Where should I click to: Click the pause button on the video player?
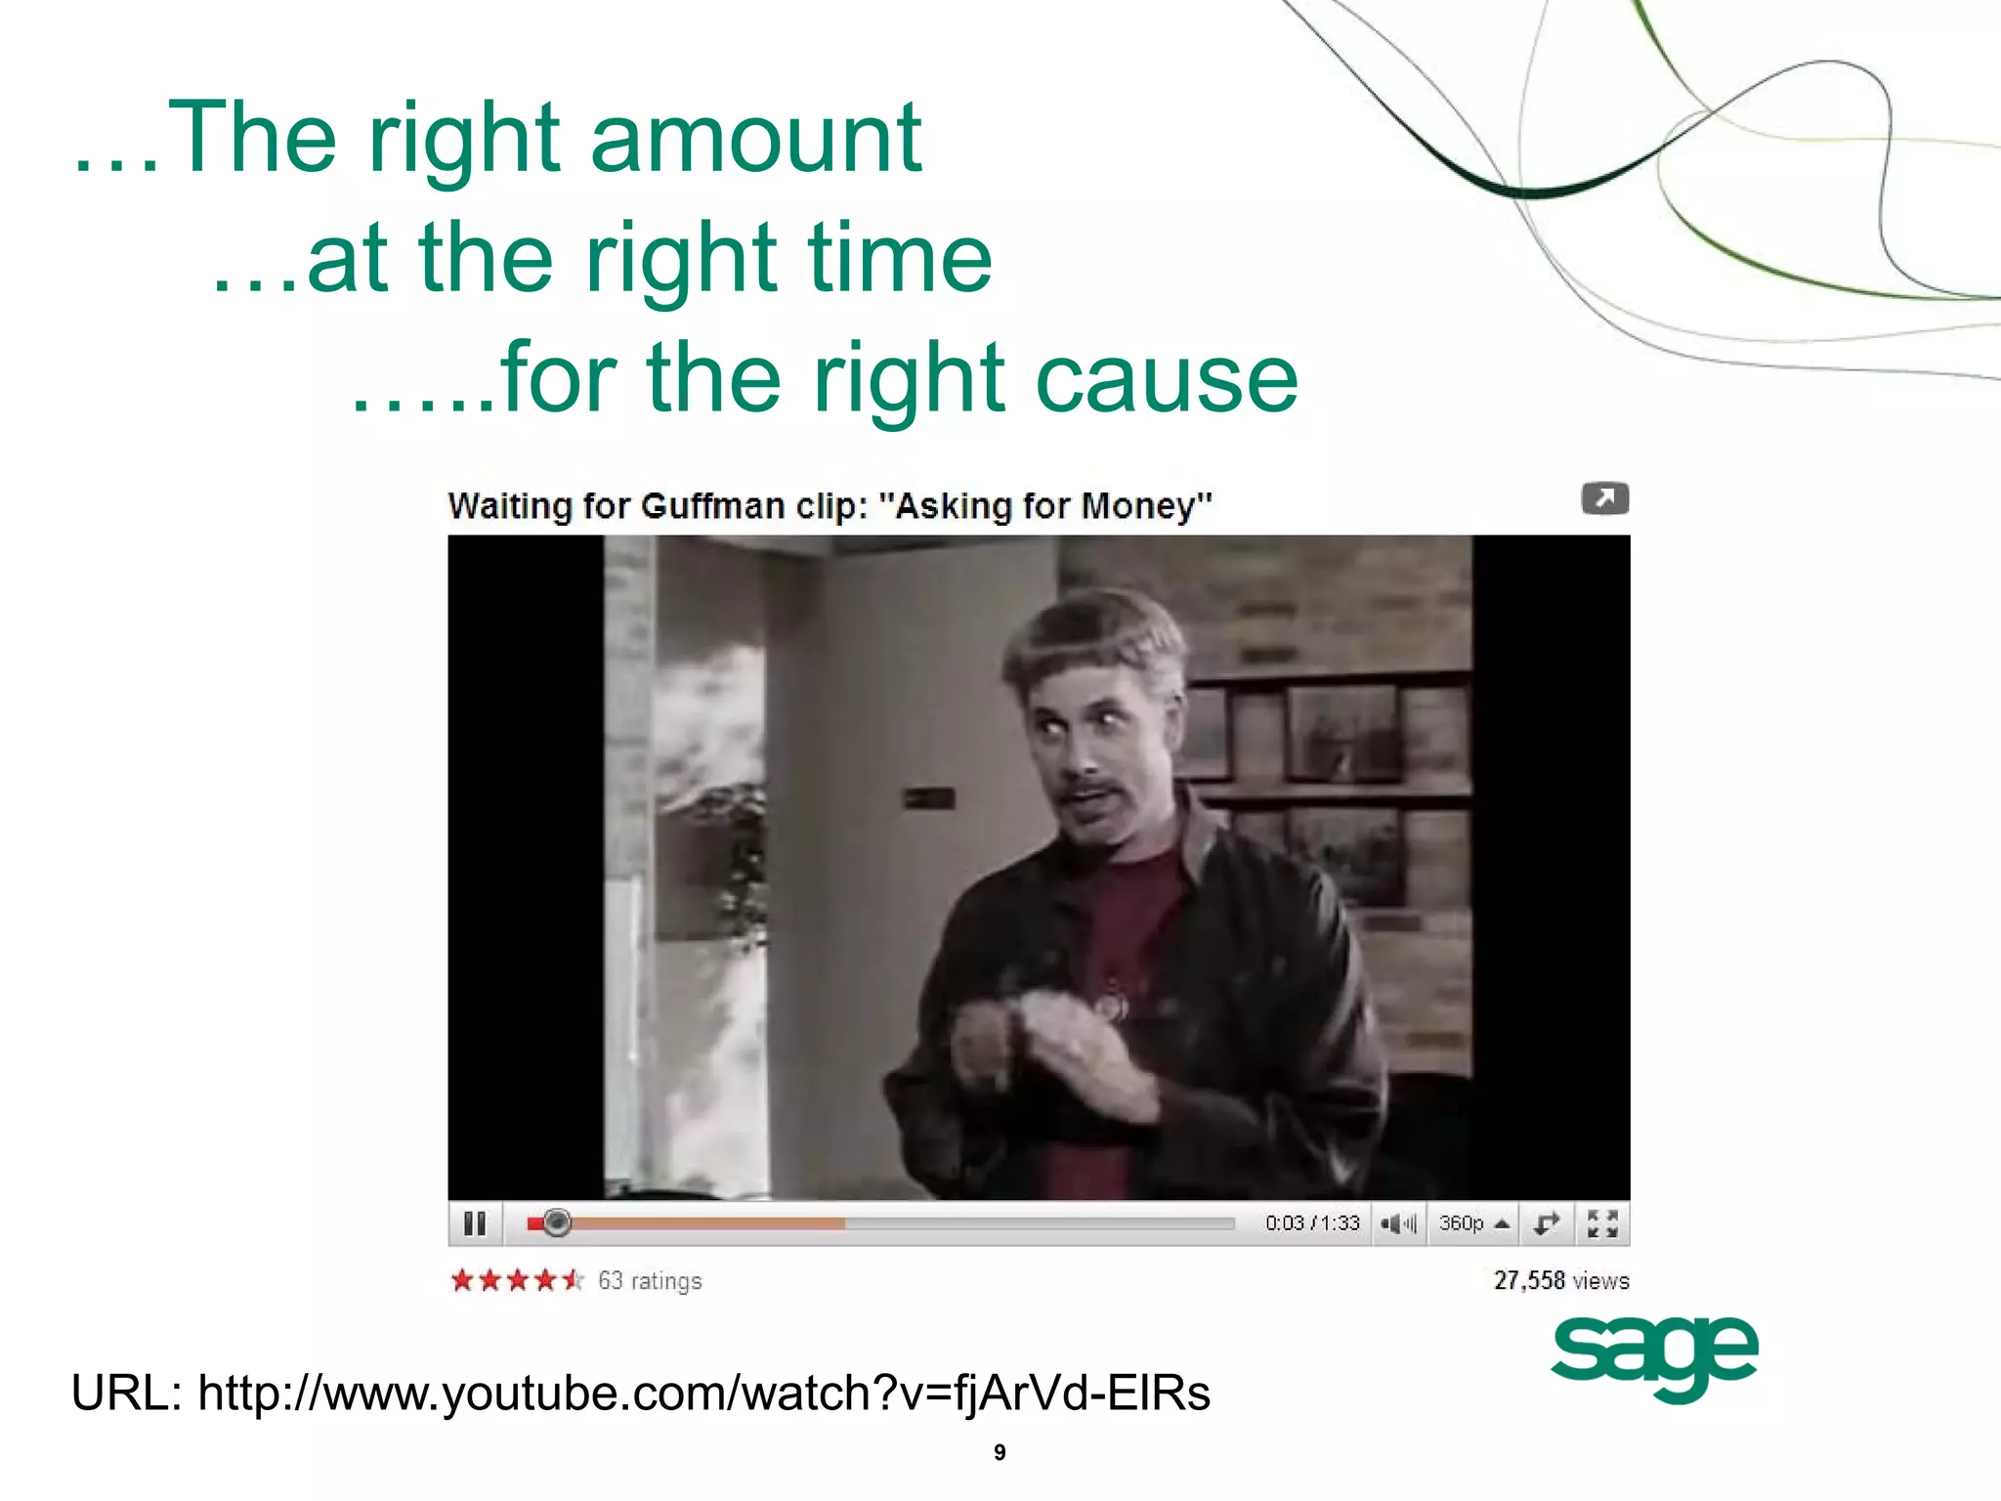[475, 1223]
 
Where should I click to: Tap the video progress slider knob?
[556, 1222]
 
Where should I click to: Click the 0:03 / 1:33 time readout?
[1312, 1223]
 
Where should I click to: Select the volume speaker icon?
[1397, 1223]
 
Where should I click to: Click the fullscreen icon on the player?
[1602, 1223]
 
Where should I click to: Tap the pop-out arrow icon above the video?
[1604, 498]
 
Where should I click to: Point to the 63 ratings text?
[650, 1280]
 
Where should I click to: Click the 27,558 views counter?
[1561, 1280]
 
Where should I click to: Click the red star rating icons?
[517, 1280]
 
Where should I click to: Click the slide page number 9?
[1000, 1452]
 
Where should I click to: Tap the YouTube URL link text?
[703, 1393]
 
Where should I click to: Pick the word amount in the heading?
[755, 139]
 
